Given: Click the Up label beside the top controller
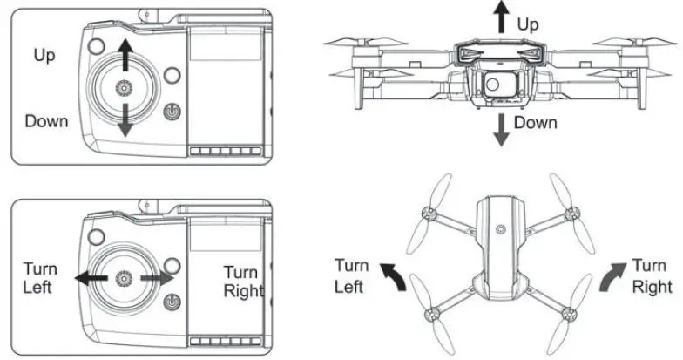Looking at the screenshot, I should click(x=44, y=56).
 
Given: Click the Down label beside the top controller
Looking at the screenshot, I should click(x=46, y=120).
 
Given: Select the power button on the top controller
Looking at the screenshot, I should click(x=172, y=113).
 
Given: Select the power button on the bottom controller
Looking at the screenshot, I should click(x=172, y=302).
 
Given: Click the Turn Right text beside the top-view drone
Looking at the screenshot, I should click(x=650, y=275).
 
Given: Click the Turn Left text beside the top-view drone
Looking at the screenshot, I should click(x=352, y=275).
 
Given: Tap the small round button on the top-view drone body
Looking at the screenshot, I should click(x=500, y=228).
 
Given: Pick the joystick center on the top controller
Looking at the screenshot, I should click(x=125, y=89).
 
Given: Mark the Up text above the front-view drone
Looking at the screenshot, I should click(x=529, y=24).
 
